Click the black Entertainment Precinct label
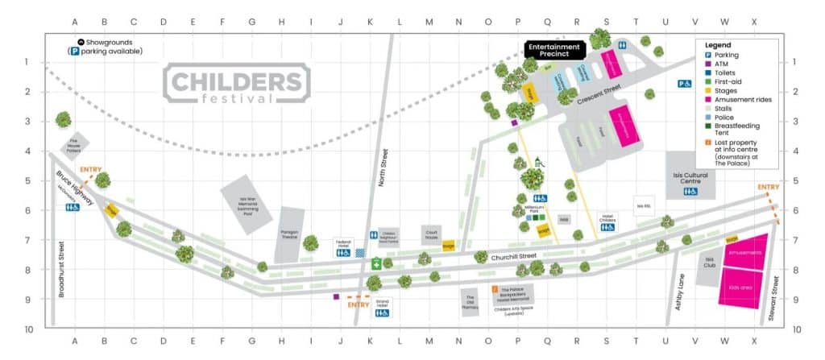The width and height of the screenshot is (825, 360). pos(553,51)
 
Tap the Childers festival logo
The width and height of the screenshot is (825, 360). pos(237,85)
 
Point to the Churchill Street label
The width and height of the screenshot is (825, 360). pos(513,257)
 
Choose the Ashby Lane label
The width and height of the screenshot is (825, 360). pos(680,292)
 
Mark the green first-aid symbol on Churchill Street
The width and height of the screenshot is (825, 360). pos(376,263)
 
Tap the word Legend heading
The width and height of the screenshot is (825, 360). pos(717,44)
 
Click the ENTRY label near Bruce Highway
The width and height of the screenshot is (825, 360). pos(90,170)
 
